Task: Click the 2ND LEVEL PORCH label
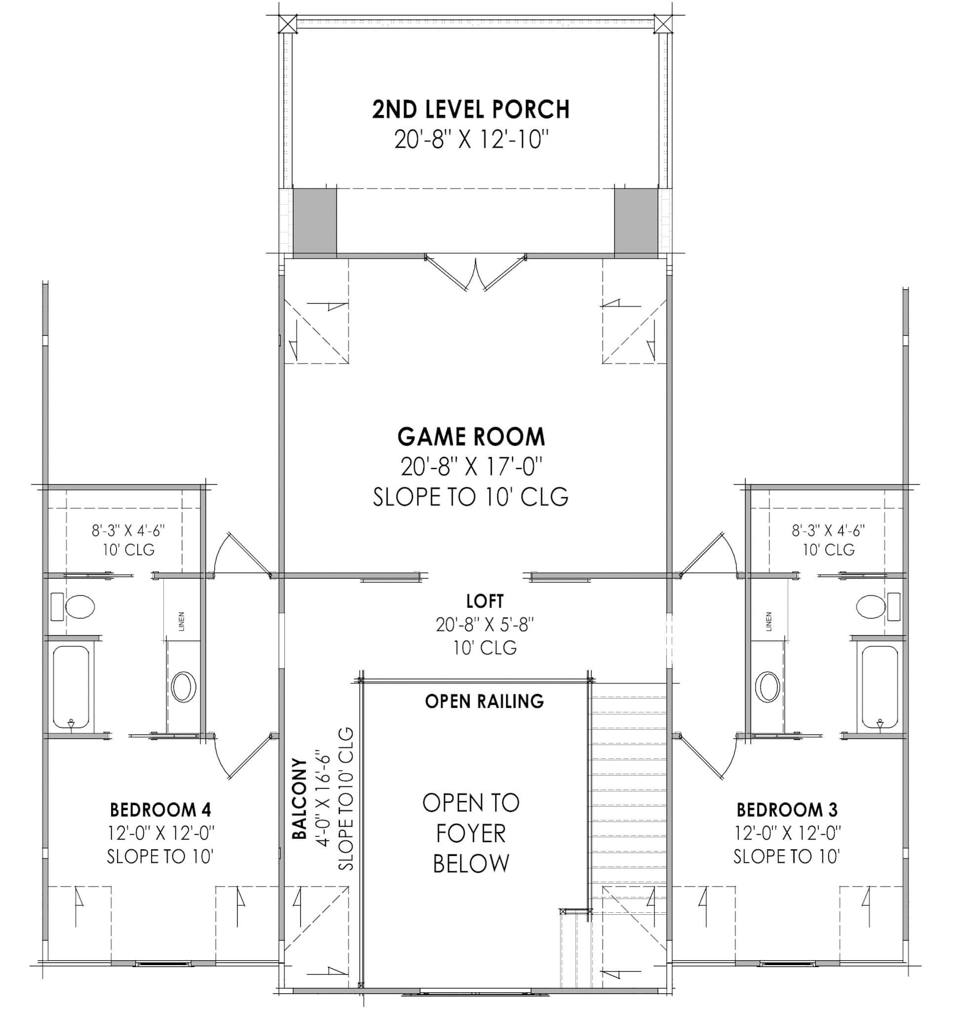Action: pyautogui.click(x=470, y=110)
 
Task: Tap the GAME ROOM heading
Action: pyautogui.click(x=471, y=437)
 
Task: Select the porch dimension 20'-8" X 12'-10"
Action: pyautogui.click(x=471, y=139)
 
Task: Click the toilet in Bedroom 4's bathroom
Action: pyautogui.click(x=80, y=607)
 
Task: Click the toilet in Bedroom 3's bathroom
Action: pyautogui.click(x=871, y=607)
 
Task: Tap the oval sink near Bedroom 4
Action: pyautogui.click(x=184, y=687)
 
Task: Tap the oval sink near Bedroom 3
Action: pyautogui.click(x=767, y=687)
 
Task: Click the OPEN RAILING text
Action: pyautogui.click(x=484, y=701)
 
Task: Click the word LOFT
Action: pyautogui.click(x=484, y=601)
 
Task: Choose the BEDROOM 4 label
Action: pyautogui.click(x=160, y=810)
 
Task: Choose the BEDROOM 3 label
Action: pyautogui.click(x=787, y=810)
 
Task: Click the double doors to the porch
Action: pyautogui.click(x=476, y=273)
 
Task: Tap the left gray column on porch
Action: pyautogui.click(x=315, y=220)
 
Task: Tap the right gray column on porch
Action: pyautogui.click(x=636, y=220)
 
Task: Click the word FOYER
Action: pyautogui.click(x=471, y=834)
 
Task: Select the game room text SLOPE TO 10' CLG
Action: pyautogui.click(x=471, y=497)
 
